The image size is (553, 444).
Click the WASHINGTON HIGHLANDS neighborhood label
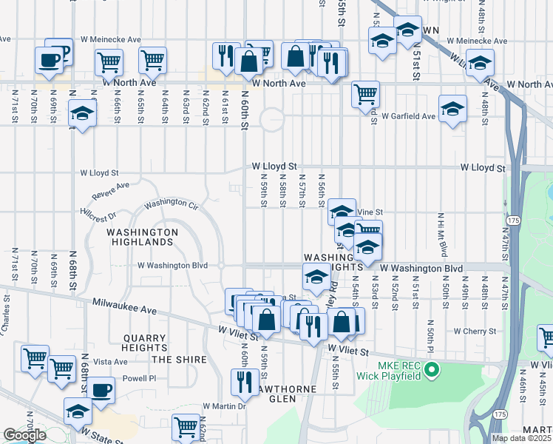pyautogui.click(x=143, y=237)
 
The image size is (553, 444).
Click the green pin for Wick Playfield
pyautogui.click(x=434, y=368)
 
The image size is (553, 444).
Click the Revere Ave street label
pyautogui.click(x=111, y=190)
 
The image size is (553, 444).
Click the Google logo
pyautogui.click(x=24, y=435)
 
